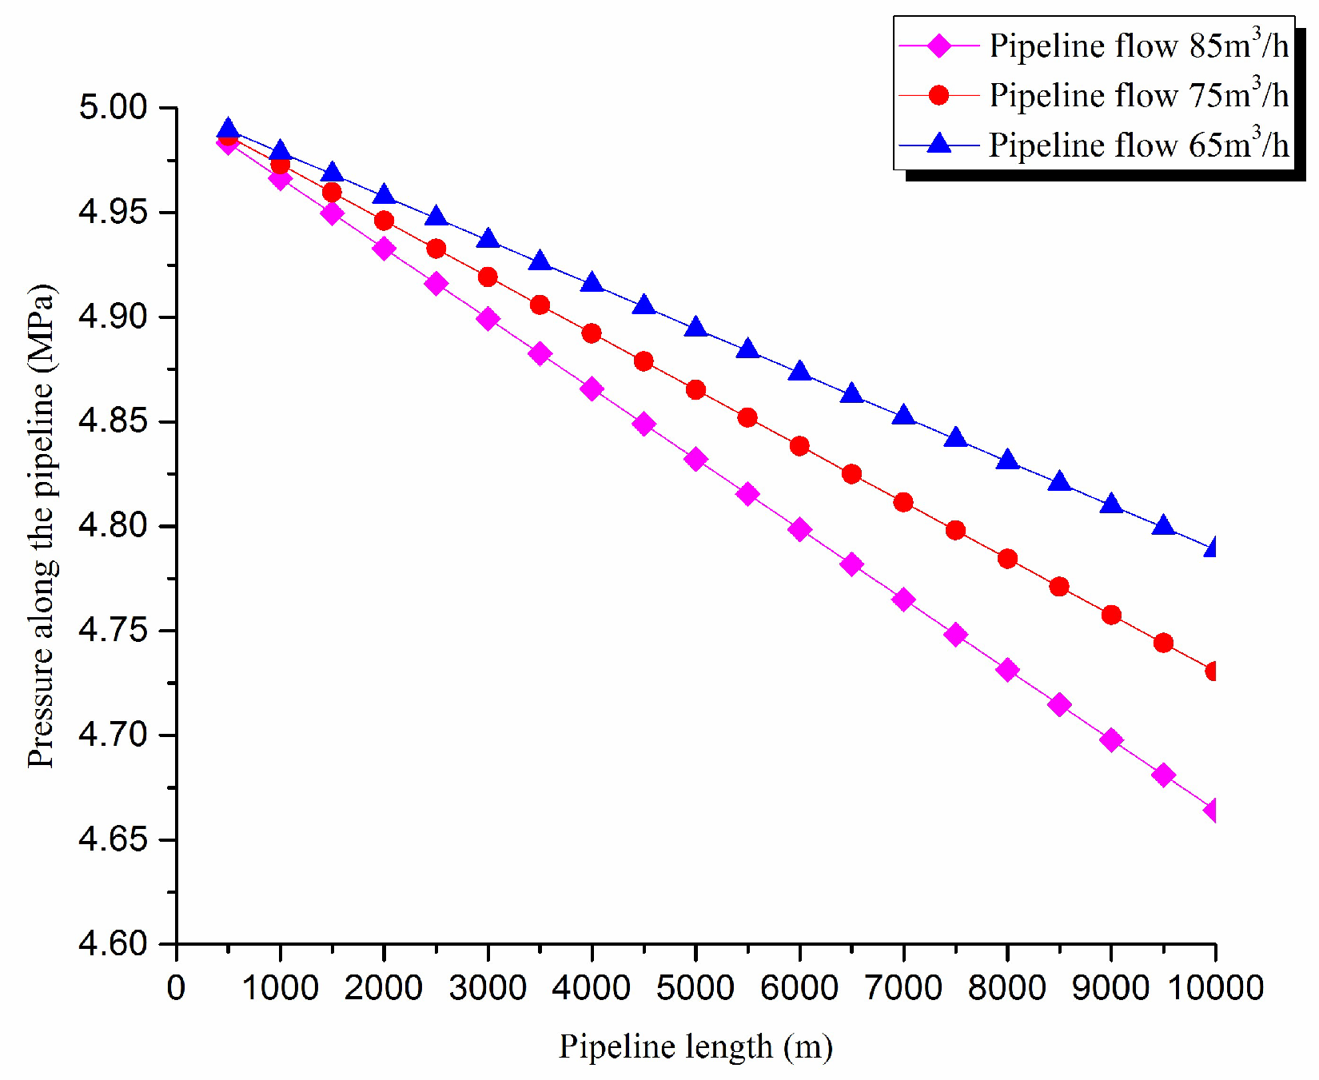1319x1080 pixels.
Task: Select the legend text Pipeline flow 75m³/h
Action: pyautogui.click(x=1138, y=96)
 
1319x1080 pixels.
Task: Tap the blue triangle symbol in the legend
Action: pyautogui.click(x=939, y=144)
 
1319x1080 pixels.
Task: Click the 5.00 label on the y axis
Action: pyautogui.click(x=114, y=107)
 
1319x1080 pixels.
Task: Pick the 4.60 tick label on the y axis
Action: pyautogui.click(x=114, y=944)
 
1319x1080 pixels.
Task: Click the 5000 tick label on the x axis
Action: pyautogui.click(x=695, y=989)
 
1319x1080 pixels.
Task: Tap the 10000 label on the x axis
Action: pyautogui.click(x=1215, y=989)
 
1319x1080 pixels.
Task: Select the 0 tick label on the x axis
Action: pyautogui.click(x=176, y=989)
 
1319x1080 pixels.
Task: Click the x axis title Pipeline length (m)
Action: pyautogui.click(x=695, y=1046)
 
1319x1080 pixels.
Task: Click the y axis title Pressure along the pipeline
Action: pyautogui.click(x=42, y=526)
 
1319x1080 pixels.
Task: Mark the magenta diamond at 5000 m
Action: pyautogui.click(x=695, y=460)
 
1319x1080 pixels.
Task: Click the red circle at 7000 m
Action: pyautogui.click(x=903, y=502)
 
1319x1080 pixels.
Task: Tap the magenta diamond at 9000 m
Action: pyautogui.click(x=1111, y=739)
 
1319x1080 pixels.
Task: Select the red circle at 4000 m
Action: pyautogui.click(x=592, y=333)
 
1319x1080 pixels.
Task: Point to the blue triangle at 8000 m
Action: pyautogui.click(x=1007, y=460)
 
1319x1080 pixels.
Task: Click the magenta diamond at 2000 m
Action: pyautogui.click(x=384, y=249)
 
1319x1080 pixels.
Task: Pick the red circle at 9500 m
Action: pyautogui.click(x=1163, y=643)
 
